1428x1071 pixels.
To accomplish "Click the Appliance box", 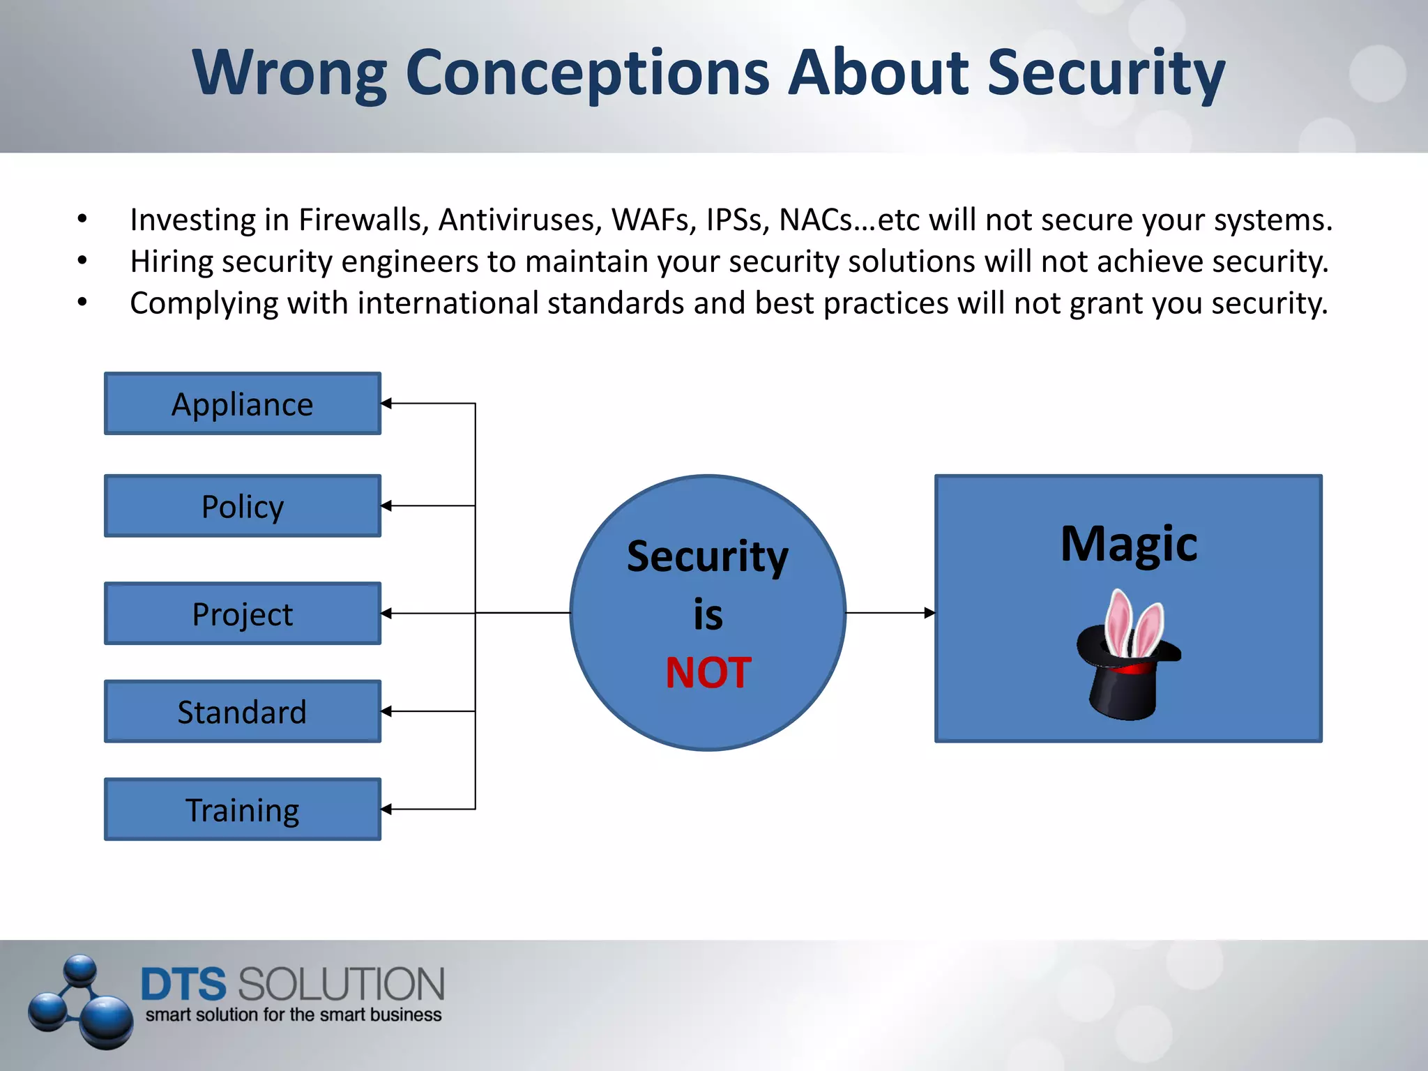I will [242, 404].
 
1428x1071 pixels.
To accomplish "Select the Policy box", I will [242, 506].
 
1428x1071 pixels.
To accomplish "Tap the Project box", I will [242, 614].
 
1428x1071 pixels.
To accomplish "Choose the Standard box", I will [242, 712].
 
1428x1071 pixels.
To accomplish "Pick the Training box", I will [242, 810].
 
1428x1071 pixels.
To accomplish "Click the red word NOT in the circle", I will [708, 673].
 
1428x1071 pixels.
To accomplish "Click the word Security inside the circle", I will [707, 556].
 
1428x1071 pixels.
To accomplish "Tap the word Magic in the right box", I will [1128, 544].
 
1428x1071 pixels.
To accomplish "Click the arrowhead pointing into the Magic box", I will [929, 613].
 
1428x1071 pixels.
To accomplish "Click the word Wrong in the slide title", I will [289, 73].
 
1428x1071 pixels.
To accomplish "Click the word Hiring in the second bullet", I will [172, 262].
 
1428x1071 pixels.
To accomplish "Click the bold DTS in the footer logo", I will [183, 985].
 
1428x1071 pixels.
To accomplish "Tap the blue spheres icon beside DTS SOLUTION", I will [80, 1003].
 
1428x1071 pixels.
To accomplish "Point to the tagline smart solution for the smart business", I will [293, 1015].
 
